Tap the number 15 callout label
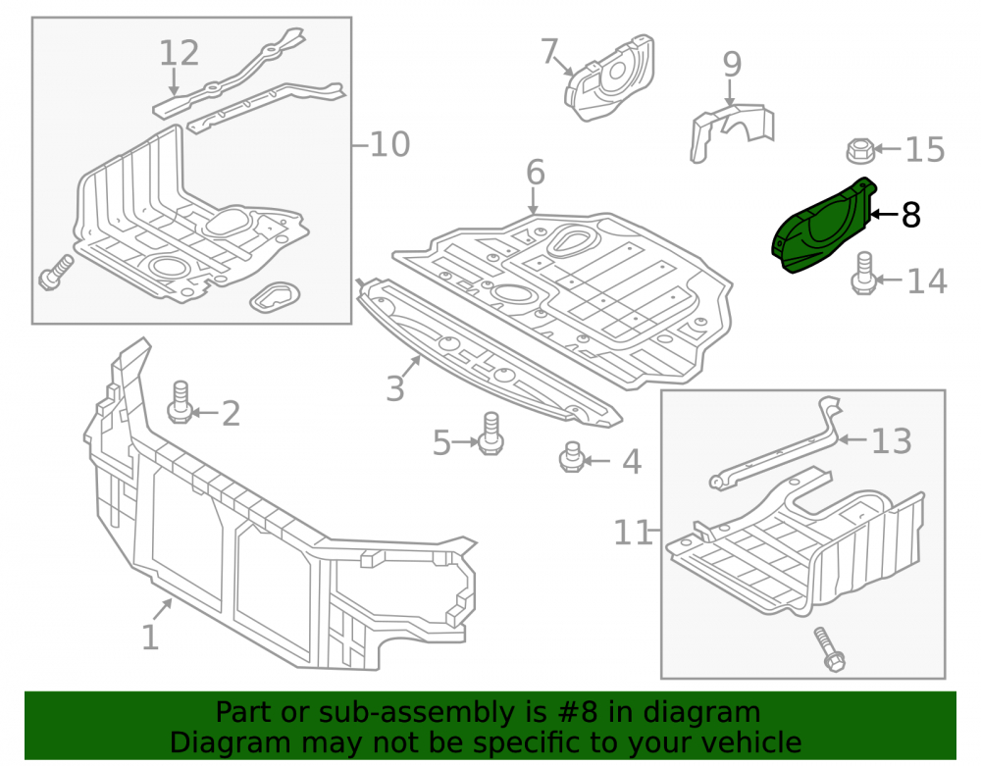click(x=925, y=150)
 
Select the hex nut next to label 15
click(x=860, y=150)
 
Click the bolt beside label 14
click(x=864, y=273)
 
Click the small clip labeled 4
click(x=571, y=457)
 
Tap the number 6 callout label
click(x=536, y=172)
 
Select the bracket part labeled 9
click(x=732, y=132)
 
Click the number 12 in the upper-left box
click(x=180, y=53)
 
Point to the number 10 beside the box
click(x=389, y=145)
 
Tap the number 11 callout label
click(x=632, y=533)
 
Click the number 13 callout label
click(x=892, y=441)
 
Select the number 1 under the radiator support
click(x=150, y=638)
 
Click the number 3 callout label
click(x=395, y=389)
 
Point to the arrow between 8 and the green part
click(x=884, y=215)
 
